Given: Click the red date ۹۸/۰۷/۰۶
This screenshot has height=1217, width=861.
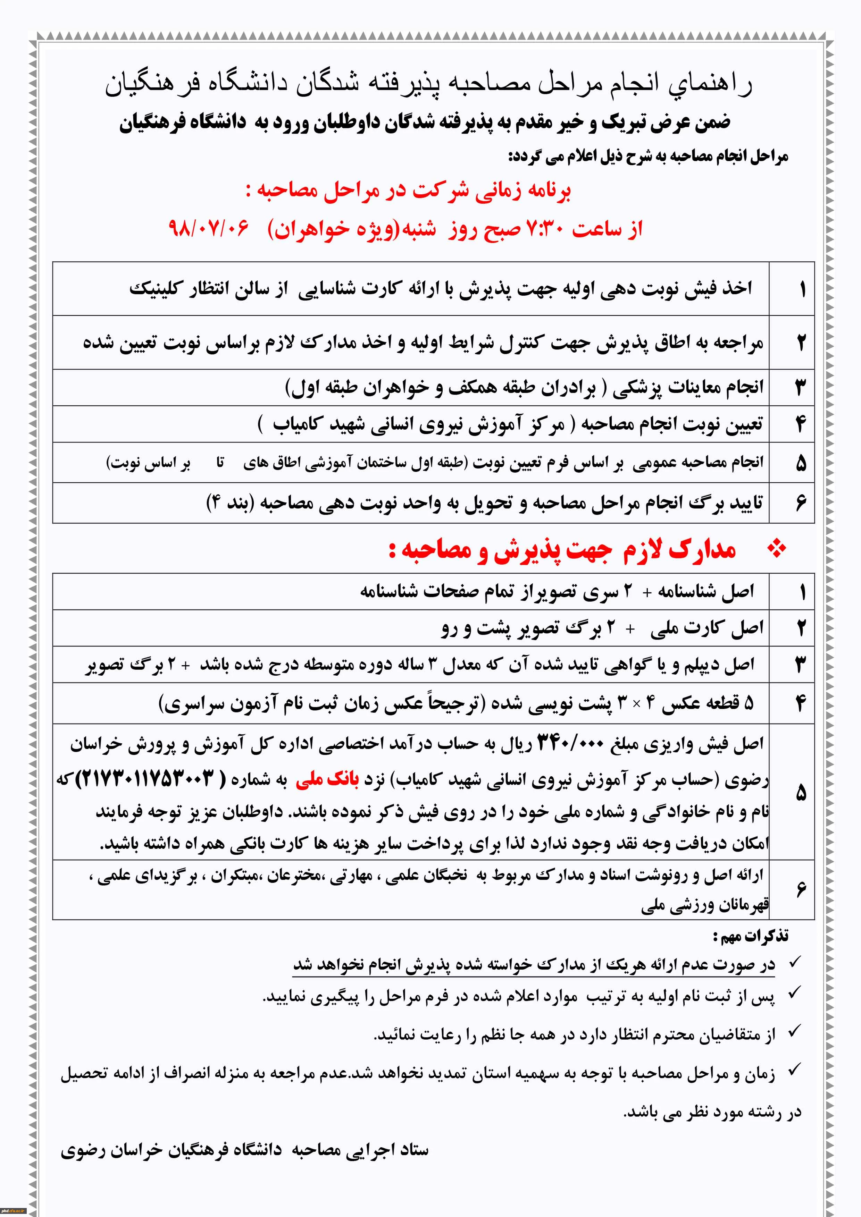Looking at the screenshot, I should pyautogui.click(x=208, y=229).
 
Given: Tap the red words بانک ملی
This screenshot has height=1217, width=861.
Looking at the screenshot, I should pyautogui.click(x=327, y=779).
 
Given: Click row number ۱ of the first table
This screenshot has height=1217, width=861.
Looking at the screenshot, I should pyautogui.click(x=802, y=289).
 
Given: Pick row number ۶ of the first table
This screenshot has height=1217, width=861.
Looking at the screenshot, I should pyautogui.click(x=801, y=502).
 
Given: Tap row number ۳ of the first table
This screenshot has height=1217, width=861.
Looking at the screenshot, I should pyautogui.click(x=801, y=388).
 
